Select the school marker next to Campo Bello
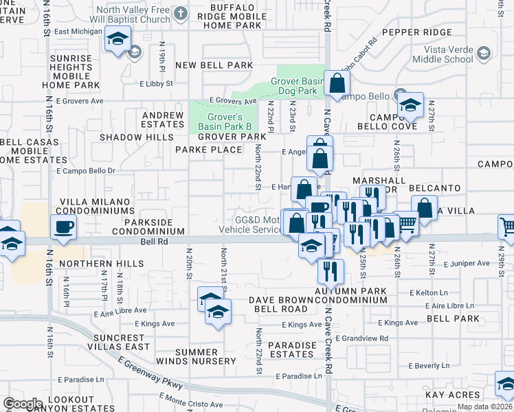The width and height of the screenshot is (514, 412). [410, 105]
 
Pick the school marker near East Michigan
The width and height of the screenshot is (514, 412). [118, 41]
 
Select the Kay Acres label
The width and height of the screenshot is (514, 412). [451, 395]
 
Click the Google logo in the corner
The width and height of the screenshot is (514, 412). [23, 403]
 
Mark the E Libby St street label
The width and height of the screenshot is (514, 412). [155, 84]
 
